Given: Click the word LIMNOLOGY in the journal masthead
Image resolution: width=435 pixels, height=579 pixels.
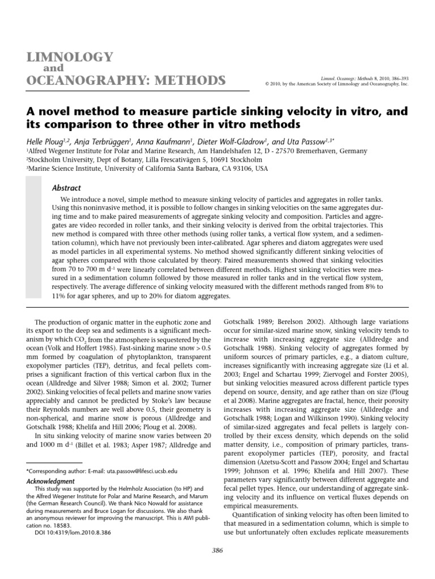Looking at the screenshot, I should [x=67, y=57].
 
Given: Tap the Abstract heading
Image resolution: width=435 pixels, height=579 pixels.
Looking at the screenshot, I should [x=66, y=188].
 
